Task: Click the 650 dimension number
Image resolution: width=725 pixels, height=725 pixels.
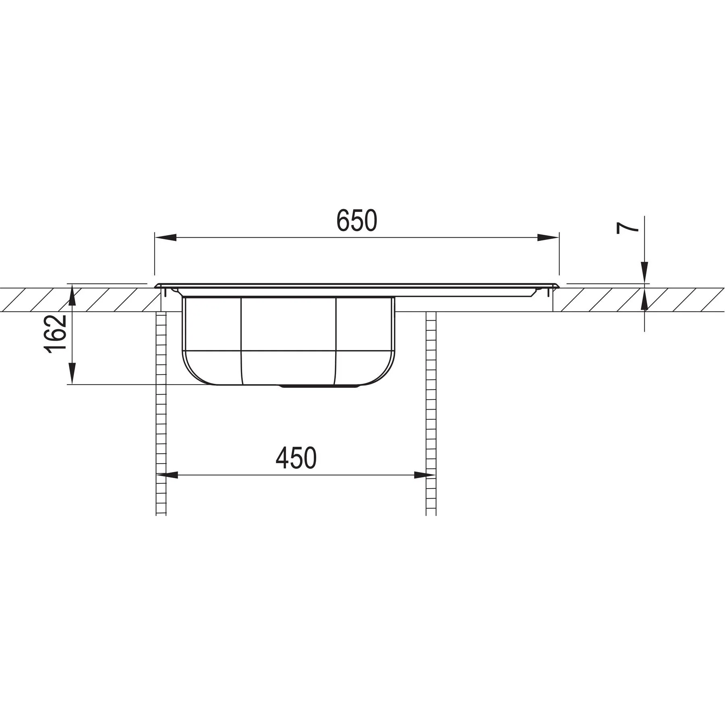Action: (357, 220)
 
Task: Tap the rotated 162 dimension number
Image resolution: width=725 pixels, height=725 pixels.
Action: (55, 334)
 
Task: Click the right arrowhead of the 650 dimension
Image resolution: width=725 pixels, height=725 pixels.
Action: (548, 238)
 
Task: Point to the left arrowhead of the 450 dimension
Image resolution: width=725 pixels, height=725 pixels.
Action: (167, 475)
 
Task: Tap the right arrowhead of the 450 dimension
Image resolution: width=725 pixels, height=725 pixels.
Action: (425, 475)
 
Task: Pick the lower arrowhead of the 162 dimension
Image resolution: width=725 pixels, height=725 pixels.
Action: (72, 373)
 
